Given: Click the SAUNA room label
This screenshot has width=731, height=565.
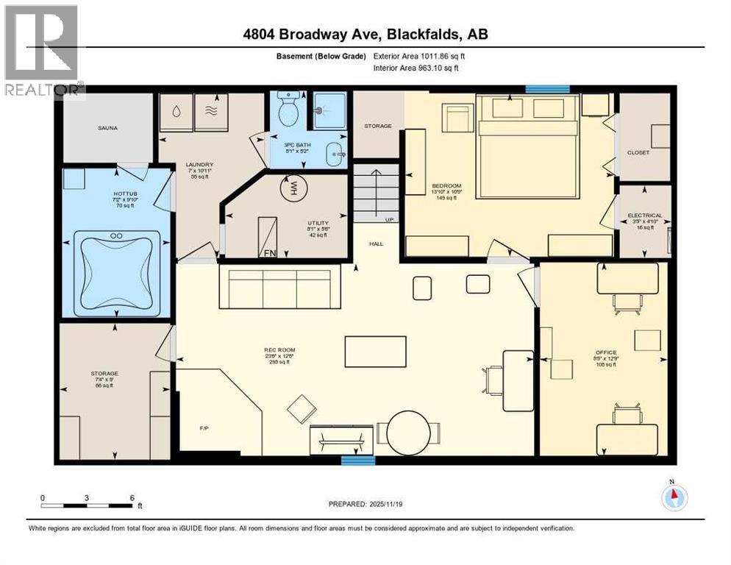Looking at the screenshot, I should click(x=107, y=128).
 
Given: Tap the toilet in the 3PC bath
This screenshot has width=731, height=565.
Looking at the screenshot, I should click(x=288, y=111).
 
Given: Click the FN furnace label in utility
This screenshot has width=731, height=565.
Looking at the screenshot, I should click(x=270, y=252).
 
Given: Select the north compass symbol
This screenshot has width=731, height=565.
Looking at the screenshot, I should click(x=674, y=497).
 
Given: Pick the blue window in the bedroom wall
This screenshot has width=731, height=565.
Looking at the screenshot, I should click(x=548, y=89).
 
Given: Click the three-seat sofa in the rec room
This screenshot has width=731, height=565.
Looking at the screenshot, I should click(x=279, y=288).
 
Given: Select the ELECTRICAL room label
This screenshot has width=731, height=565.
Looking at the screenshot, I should click(x=644, y=216).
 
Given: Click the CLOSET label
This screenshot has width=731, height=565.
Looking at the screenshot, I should click(x=638, y=153).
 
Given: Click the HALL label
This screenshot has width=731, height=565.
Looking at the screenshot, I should click(x=377, y=244).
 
